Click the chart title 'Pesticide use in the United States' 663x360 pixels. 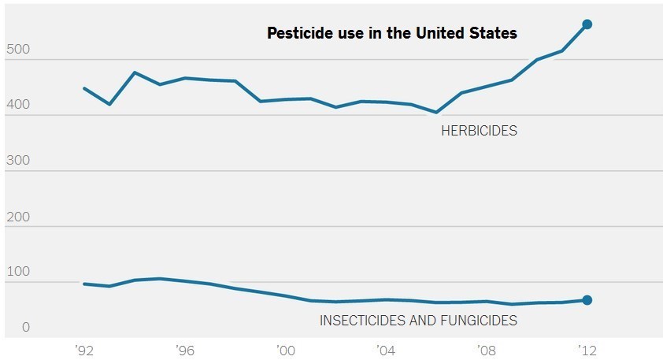coord(391,33)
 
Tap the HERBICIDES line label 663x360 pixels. coord(479,131)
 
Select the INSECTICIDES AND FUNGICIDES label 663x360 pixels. coord(418,321)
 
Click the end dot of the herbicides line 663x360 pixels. coord(587,24)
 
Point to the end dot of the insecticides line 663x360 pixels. coord(587,300)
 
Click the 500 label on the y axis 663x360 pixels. coord(17,48)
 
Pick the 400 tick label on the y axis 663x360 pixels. coord(17,104)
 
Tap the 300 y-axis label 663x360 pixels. coord(17,160)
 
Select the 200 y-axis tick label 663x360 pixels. coord(17,216)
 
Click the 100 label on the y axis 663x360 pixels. coord(17,272)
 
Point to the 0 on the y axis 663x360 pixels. coord(25,327)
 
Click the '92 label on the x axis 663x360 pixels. coord(84,350)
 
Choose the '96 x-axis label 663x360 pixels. coord(185,350)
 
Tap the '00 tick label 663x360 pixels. coord(285,350)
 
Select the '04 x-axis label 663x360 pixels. coord(385,350)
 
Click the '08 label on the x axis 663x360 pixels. coord(486,350)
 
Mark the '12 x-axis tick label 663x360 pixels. coord(586,350)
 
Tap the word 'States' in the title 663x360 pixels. coord(496,33)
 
